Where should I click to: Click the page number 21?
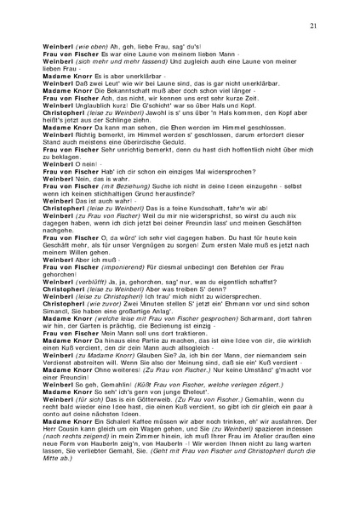point(314,26)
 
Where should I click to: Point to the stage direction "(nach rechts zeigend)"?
point(86,455)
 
